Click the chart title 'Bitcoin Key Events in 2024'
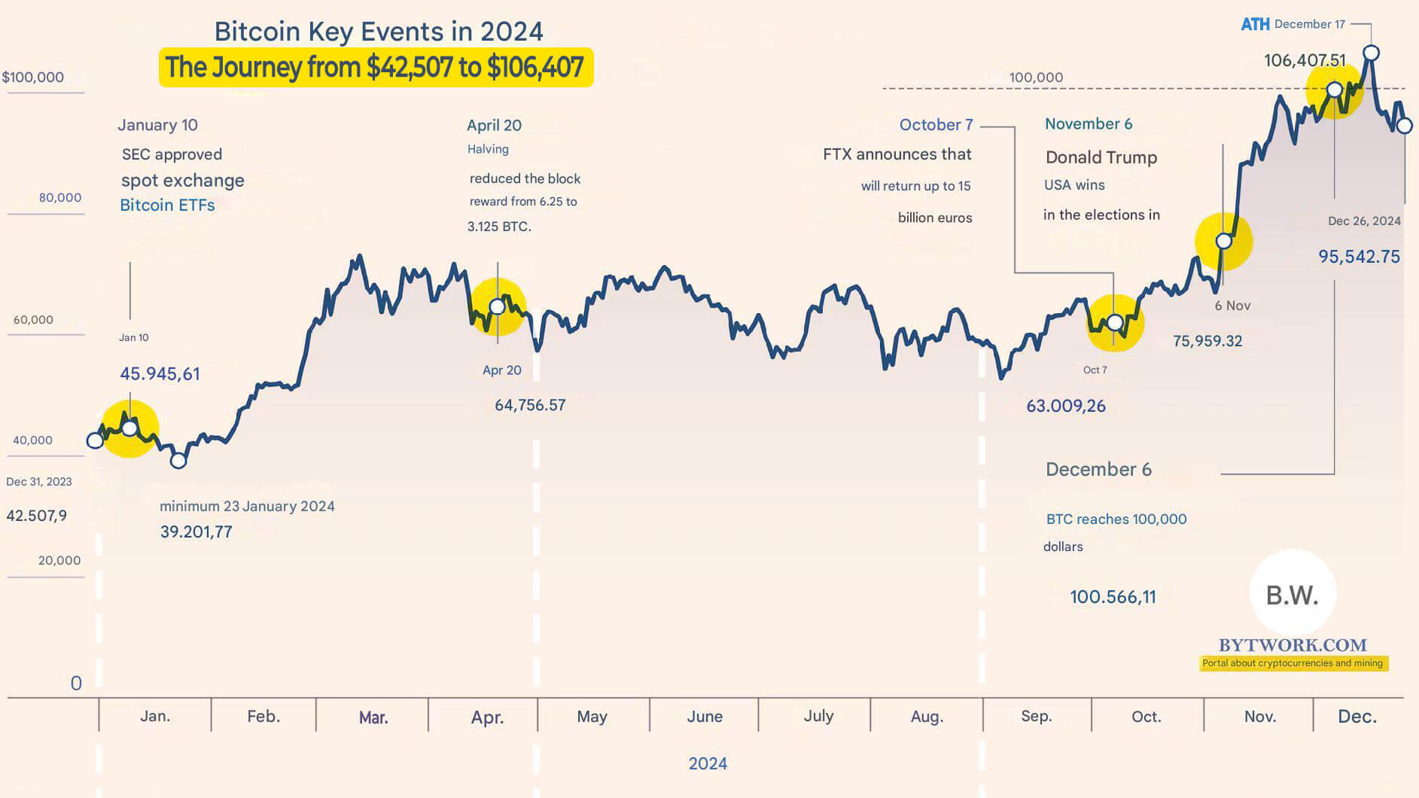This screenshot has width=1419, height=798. [x=378, y=32]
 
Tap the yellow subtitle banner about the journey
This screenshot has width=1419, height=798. [x=375, y=67]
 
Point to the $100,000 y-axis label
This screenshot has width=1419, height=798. [x=33, y=77]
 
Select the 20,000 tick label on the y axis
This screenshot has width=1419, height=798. [x=59, y=560]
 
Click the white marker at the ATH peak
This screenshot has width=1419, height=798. [x=1371, y=53]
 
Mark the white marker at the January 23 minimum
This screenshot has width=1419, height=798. [x=178, y=460]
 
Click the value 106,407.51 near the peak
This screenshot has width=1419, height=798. [x=1304, y=60]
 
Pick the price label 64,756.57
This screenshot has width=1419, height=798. [x=530, y=405]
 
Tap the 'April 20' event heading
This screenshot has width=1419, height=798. [x=494, y=125]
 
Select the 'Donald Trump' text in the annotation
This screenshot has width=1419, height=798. [x=1101, y=157]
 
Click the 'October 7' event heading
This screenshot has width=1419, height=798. [x=936, y=125]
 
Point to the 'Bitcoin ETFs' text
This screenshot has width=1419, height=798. [x=167, y=205]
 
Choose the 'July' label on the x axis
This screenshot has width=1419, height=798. [x=818, y=716]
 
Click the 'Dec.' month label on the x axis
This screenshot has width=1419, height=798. [x=1357, y=717]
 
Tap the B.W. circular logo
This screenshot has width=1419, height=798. [x=1292, y=595]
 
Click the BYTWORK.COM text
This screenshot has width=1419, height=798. [x=1292, y=645]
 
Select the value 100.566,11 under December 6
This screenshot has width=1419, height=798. [x=1113, y=597]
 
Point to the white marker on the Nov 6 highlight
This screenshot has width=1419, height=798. [x=1223, y=241]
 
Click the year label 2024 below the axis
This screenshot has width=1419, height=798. [x=708, y=763]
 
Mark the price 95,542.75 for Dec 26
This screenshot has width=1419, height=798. [x=1359, y=257]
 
